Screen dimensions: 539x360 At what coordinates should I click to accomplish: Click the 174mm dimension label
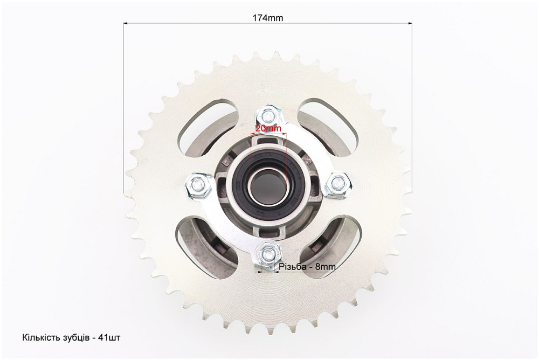(x=268, y=18)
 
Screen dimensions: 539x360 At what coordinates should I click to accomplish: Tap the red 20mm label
(x=268, y=129)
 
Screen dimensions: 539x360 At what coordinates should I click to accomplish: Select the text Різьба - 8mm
(x=307, y=266)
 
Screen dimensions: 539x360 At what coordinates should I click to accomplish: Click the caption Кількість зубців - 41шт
(x=71, y=337)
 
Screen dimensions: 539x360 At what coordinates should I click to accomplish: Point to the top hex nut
(x=268, y=117)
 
